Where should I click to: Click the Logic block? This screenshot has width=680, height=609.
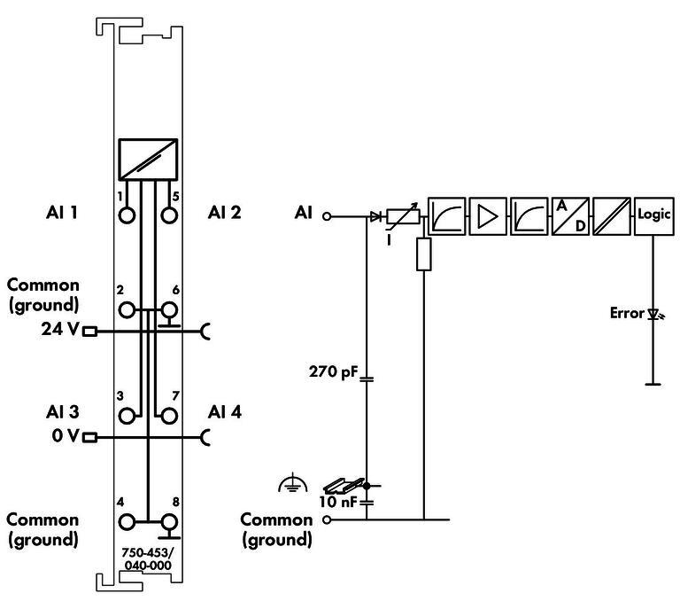pos(654,215)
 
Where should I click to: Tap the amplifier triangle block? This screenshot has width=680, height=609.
pos(488,215)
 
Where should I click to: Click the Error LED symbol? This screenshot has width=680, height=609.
pos(654,314)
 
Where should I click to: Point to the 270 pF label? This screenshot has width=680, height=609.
pos(331,372)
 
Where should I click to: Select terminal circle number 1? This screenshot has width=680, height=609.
pos(128,215)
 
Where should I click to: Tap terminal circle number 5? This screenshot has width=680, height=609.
pos(169,215)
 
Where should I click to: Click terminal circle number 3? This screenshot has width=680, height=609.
pos(128,414)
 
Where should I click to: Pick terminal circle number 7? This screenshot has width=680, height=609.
pos(169,414)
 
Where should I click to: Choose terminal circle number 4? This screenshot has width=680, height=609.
pos(128,522)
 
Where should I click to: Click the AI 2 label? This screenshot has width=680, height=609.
pos(224,213)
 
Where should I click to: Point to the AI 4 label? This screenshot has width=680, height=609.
pos(224,412)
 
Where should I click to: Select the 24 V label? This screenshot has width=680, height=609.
pos(60,331)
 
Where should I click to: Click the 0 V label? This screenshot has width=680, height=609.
pos(62,436)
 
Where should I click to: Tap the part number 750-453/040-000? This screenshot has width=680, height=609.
pos(147,558)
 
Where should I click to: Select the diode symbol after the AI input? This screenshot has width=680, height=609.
pos(376,215)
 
